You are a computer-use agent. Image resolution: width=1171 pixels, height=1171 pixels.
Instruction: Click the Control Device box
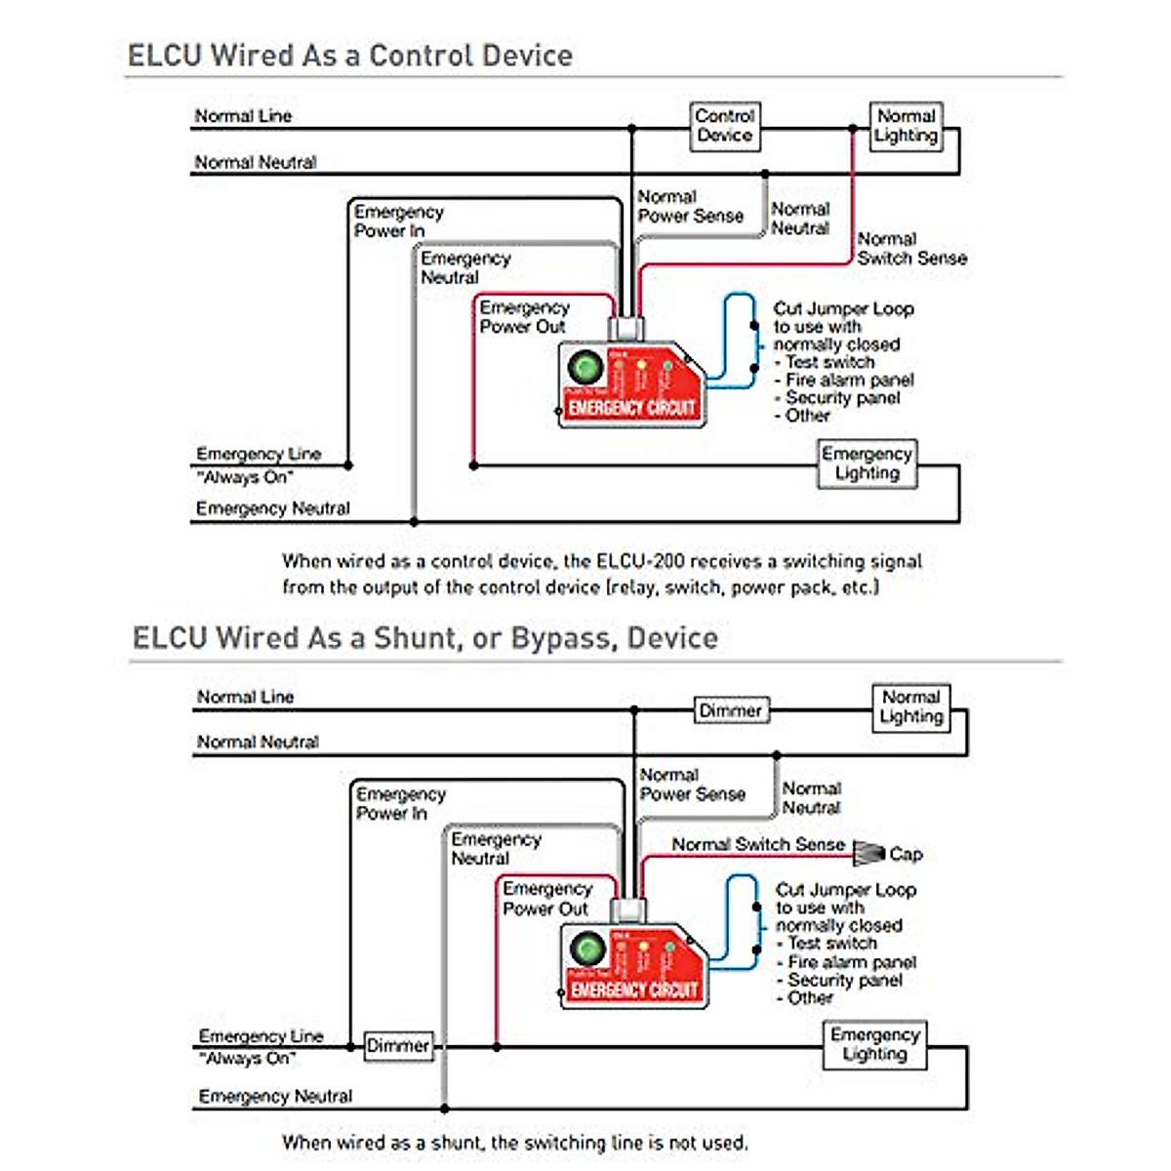pos(725,127)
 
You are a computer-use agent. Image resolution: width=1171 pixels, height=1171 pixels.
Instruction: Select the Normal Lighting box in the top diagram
pos(907,127)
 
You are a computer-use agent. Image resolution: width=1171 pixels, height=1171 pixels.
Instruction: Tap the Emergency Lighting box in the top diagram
pos(867,464)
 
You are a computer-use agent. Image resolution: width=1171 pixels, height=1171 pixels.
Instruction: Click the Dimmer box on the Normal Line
pos(731,710)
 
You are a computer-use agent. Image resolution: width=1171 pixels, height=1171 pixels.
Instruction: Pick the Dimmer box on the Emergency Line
pos(397,1046)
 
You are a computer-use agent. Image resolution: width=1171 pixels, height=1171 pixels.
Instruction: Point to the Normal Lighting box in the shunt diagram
pos(910,707)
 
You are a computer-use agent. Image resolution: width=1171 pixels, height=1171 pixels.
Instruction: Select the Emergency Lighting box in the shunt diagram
pos(874,1044)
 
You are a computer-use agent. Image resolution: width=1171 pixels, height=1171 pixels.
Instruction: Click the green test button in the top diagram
pos(585,368)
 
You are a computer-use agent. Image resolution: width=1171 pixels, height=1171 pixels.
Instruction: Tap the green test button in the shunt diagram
pos(587,949)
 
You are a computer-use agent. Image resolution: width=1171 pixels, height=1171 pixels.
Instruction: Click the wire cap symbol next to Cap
pos(868,852)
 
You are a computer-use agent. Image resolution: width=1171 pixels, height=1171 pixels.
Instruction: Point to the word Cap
pos(906,854)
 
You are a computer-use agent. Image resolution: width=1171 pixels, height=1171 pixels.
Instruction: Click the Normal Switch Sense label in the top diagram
pos(911,249)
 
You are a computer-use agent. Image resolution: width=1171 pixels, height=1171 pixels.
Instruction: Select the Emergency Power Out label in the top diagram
pos(524,317)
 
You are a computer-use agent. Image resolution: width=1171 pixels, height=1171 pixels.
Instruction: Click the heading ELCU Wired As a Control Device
pos(350,55)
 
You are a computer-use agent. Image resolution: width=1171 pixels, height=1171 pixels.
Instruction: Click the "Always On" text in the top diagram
pos(244,477)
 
